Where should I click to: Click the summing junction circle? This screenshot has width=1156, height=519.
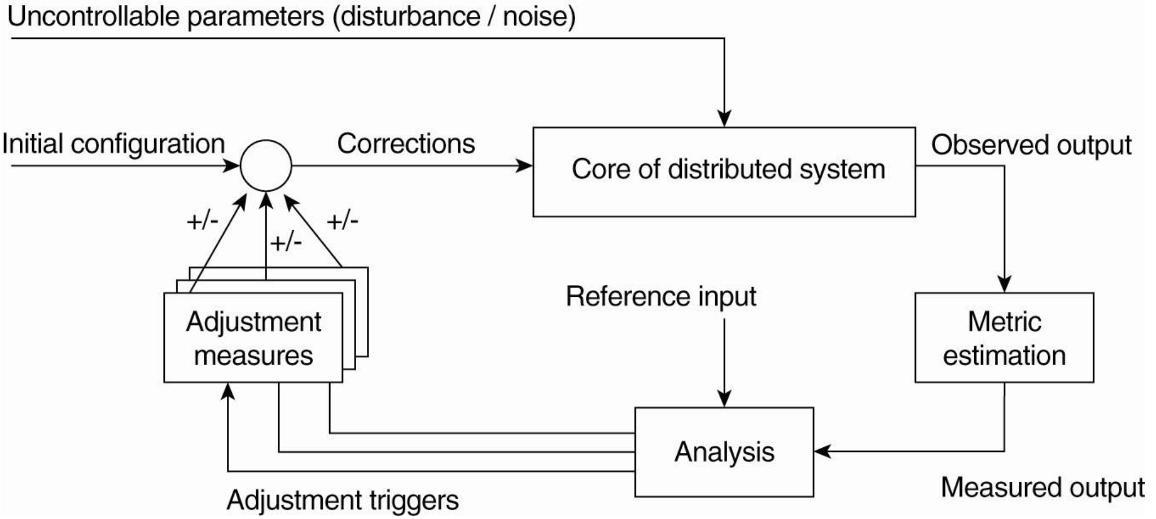266,166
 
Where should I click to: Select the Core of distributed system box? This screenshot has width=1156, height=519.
724,171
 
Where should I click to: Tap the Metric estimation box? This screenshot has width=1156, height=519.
1004,338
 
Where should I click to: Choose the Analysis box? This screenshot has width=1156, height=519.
724,452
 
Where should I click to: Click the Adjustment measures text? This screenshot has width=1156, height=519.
253,338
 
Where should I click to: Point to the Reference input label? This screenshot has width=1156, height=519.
661,297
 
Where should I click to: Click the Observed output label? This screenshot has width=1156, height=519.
1031,145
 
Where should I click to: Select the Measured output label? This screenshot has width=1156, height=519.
1043,487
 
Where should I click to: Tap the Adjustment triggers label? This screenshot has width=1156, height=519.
343,500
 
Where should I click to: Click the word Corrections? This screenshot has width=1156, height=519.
406,144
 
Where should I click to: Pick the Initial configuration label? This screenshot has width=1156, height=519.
113,144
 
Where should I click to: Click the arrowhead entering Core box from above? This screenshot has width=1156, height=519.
724,120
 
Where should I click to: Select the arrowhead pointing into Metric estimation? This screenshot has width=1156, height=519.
1004,284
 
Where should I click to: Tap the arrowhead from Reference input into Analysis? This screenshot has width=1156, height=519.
724,399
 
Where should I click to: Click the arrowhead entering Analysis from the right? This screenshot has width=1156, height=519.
822,451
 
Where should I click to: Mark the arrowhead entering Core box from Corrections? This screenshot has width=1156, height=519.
525,166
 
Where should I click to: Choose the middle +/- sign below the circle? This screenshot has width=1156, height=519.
286,243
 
